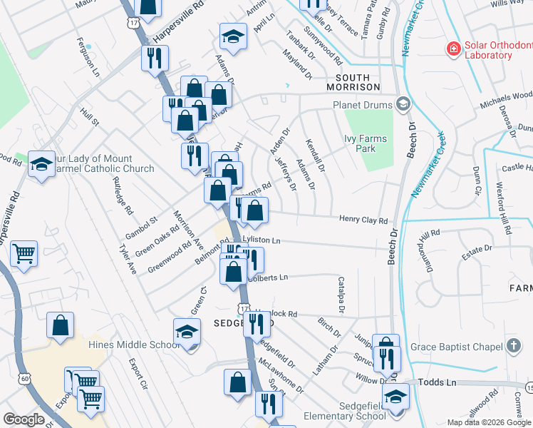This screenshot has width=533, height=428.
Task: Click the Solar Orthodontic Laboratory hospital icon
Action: point(452,49)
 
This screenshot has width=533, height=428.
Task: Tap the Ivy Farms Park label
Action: point(366,144)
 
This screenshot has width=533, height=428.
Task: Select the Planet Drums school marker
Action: point(403,105)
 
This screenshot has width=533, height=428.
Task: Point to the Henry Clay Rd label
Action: point(363,220)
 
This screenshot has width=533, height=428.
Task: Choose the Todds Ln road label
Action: point(441,383)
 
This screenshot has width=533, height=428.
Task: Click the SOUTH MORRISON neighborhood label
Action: point(353,82)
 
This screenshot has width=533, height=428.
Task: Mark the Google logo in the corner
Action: point(24,419)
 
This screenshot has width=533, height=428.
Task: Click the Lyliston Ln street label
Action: point(262,241)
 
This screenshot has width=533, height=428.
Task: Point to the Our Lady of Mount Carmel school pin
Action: point(41,163)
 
